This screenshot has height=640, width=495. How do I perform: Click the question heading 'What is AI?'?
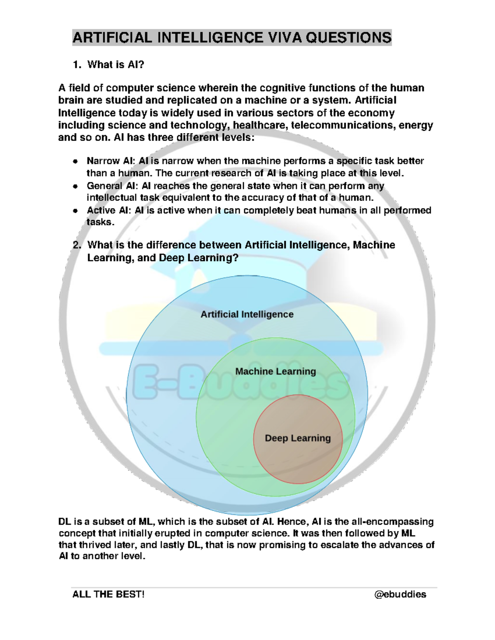click(x=115, y=65)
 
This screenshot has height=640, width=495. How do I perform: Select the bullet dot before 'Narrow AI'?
click(x=75, y=162)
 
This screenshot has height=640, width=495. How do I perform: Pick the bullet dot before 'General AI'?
click(x=75, y=186)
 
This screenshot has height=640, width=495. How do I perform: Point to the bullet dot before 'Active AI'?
click(x=75, y=211)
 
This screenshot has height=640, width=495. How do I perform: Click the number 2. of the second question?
click(x=77, y=245)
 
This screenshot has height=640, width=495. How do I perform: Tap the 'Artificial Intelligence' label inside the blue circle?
click(x=247, y=314)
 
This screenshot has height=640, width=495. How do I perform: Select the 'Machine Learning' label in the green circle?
click(x=276, y=371)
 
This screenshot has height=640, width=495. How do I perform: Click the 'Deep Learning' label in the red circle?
click(x=297, y=438)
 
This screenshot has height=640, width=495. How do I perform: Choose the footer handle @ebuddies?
click(x=400, y=594)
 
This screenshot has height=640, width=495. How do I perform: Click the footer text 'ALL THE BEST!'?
click(x=108, y=594)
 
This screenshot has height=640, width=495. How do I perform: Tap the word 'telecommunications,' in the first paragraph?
click(x=343, y=125)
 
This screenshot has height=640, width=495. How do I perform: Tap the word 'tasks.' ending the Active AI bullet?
click(x=100, y=222)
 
